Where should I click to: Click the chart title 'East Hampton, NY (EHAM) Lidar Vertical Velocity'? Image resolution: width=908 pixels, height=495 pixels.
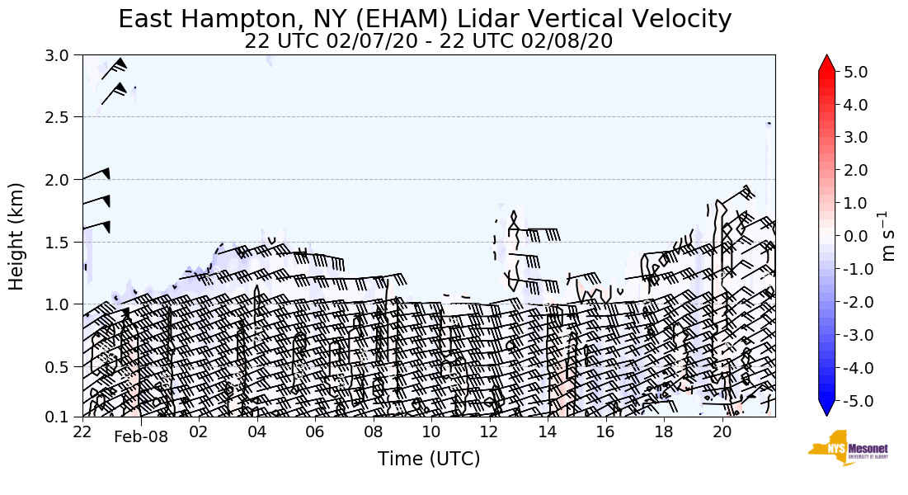click(x=425, y=19)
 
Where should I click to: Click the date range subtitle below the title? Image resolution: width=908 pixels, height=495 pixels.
click(x=428, y=41)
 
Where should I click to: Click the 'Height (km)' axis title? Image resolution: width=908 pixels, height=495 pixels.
click(x=17, y=236)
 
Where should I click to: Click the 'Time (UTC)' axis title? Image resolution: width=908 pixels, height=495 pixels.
click(x=428, y=459)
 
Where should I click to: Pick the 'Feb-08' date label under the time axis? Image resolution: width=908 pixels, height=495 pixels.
click(x=141, y=437)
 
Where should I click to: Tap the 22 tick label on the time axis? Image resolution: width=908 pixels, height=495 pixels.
click(x=82, y=432)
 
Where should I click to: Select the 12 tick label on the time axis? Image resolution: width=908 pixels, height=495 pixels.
click(x=489, y=432)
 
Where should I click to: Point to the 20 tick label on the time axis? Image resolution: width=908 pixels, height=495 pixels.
click(x=722, y=432)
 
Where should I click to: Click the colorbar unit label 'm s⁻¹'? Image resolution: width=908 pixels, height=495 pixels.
click(x=889, y=236)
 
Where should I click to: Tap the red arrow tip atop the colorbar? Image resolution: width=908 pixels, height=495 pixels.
click(x=827, y=63)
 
